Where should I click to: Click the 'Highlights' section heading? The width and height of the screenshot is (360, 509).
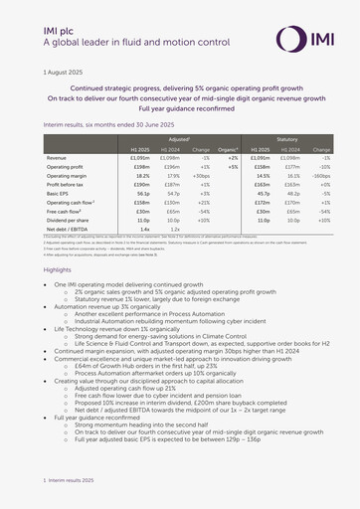[58, 270]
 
